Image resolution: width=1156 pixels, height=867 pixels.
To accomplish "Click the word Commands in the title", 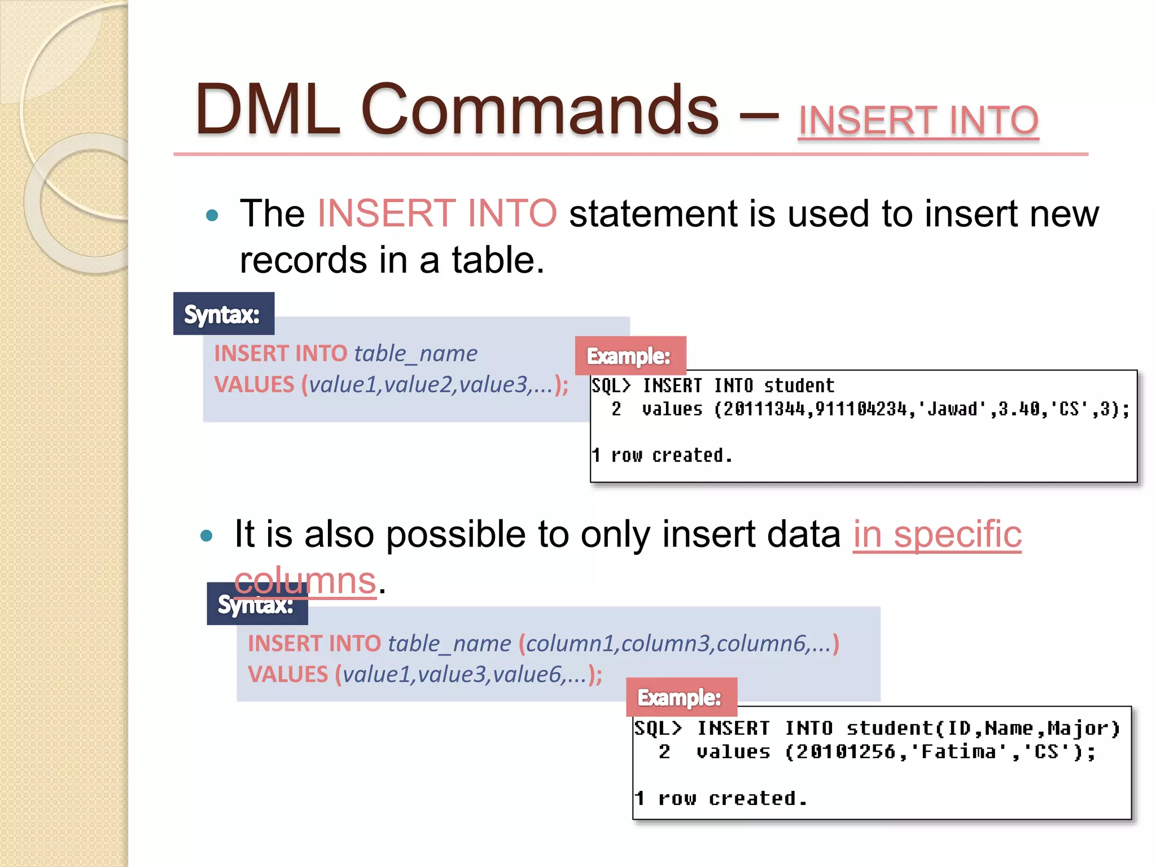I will tap(539, 110).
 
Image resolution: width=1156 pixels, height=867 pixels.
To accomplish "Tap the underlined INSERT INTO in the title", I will tap(918, 120).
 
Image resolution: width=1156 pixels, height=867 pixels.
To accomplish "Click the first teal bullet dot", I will tap(212, 215).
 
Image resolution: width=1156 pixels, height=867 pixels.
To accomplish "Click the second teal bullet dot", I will tap(207, 535).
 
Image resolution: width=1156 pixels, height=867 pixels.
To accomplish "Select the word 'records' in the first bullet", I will tap(303, 260).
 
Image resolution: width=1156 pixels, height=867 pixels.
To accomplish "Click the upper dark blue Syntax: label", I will tap(223, 314).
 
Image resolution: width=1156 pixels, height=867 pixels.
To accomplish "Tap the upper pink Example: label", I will tap(629, 356).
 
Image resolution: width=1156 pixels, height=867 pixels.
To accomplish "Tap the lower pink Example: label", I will tap(680, 698).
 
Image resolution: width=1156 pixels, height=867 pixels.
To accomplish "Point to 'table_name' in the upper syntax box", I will tap(416, 354).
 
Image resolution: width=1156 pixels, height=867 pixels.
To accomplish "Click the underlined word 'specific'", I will tap(957, 535).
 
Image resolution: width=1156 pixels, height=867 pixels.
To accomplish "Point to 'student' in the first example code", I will tap(799, 386).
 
